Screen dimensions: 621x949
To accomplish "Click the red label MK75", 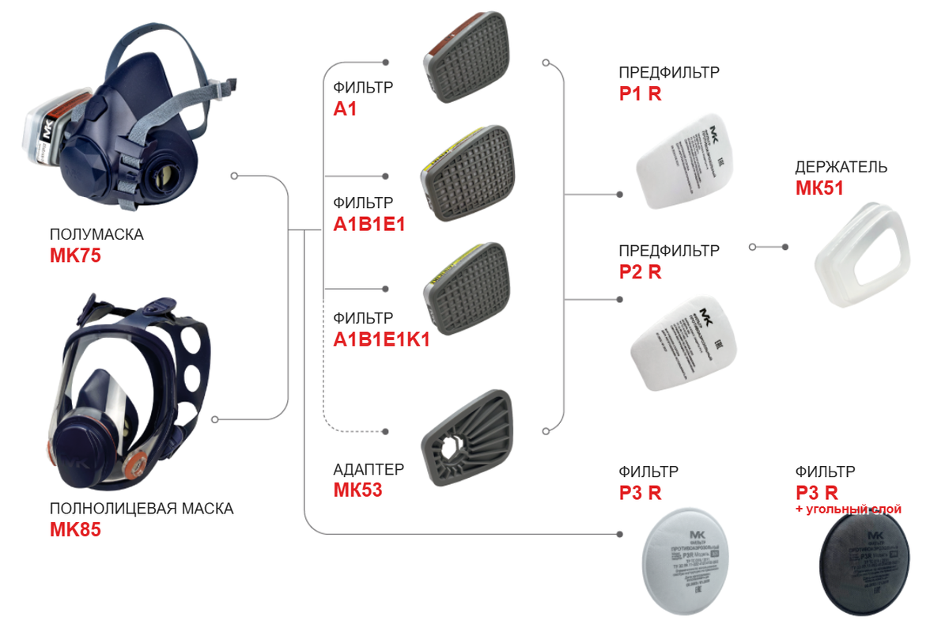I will tap(75, 256).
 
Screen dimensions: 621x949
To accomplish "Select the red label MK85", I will tap(75, 529).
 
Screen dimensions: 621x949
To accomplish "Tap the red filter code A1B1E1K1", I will tap(381, 339).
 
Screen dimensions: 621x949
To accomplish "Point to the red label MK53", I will tap(357, 490).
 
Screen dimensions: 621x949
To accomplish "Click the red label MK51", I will tap(820, 188).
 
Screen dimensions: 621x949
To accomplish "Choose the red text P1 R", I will tap(640, 94).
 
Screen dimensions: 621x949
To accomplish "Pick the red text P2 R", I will tap(640, 271).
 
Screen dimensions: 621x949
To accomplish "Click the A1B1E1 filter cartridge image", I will tap(467, 174).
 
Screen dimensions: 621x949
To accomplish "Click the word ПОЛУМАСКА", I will tap(96, 235).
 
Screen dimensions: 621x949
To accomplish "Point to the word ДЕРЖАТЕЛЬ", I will tap(841, 168).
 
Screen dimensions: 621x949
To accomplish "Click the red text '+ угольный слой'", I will tap(848, 509).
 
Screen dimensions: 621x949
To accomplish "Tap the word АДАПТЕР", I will tap(369, 470).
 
